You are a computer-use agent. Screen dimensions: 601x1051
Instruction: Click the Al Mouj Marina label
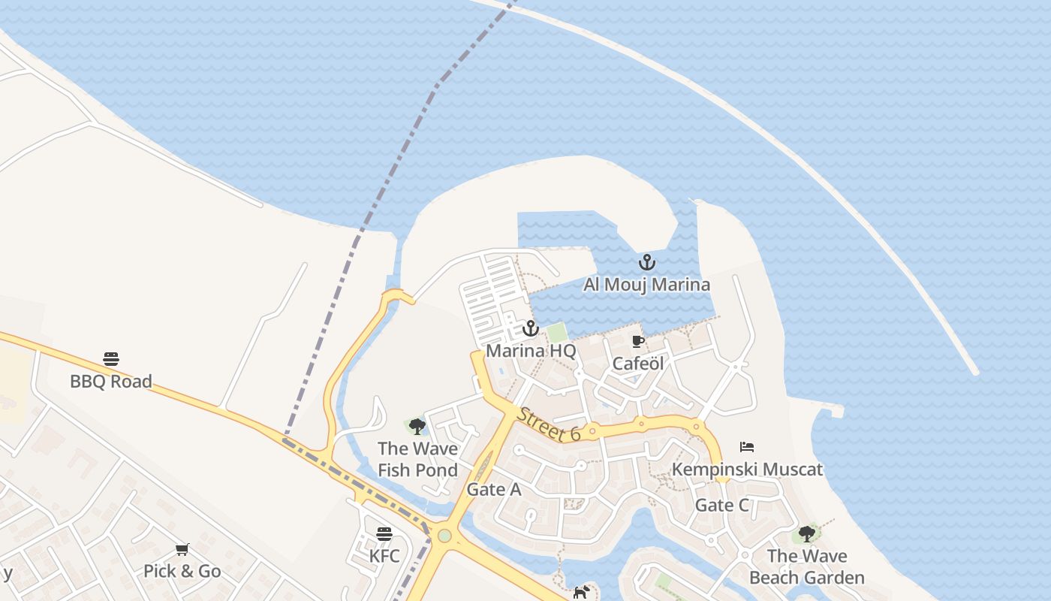click(x=646, y=285)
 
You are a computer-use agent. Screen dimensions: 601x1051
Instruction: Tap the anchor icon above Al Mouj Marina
click(x=646, y=263)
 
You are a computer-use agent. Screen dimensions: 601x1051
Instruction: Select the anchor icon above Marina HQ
click(x=531, y=328)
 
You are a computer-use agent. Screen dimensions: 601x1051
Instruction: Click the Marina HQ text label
click(x=531, y=351)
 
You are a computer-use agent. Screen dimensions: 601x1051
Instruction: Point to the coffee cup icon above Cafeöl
click(x=638, y=342)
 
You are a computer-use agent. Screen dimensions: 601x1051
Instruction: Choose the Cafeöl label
click(x=638, y=364)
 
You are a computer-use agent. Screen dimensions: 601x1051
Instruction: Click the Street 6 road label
click(x=549, y=424)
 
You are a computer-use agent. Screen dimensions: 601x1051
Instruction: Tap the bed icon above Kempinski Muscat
click(x=747, y=447)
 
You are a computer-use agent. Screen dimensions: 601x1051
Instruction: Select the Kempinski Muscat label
click(x=747, y=470)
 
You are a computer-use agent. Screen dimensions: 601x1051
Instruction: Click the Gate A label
click(x=494, y=490)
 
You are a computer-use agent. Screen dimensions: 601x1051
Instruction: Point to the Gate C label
click(x=722, y=505)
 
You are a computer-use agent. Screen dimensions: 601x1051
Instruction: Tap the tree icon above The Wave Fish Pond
click(x=417, y=427)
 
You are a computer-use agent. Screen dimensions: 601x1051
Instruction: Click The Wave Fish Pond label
click(x=417, y=459)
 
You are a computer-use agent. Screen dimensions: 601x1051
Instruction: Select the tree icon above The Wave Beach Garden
click(x=807, y=534)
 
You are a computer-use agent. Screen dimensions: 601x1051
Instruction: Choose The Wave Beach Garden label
click(x=807, y=566)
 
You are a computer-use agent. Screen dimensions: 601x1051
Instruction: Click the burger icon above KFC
click(x=384, y=534)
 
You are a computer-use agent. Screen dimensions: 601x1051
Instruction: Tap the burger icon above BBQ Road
click(x=111, y=359)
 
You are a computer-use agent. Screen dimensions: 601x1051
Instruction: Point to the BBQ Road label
click(x=111, y=381)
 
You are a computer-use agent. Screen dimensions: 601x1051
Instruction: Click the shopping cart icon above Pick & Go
click(x=182, y=549)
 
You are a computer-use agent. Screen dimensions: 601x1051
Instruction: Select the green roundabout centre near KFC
click(x=444, y=536)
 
